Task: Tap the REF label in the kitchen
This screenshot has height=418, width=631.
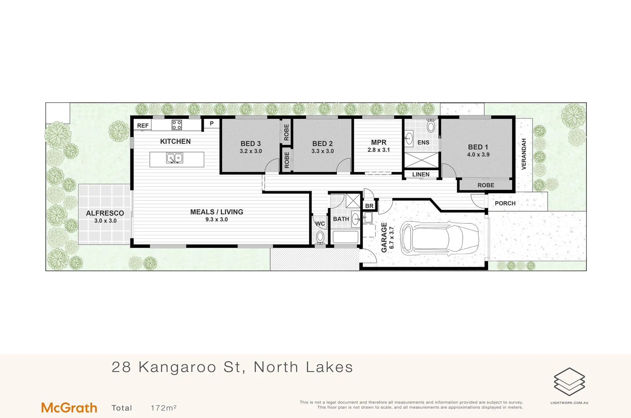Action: (143, 125)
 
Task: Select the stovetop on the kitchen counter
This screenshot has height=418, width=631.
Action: (177, 125)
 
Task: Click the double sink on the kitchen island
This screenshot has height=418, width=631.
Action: (175, 158)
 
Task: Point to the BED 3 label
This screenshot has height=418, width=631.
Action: (251, 144)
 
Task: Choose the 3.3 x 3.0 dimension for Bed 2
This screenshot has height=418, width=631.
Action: (322, 151)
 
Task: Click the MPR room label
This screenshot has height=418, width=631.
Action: (378, 142)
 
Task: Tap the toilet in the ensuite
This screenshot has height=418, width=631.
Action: (431, 126)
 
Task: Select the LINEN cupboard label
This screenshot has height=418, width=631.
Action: (421, 175)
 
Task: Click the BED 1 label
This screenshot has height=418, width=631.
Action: (478, 147)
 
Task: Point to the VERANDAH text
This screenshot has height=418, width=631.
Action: (524, 154)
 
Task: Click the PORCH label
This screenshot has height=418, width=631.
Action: (505, 203)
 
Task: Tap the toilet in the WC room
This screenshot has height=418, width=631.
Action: (320, 237)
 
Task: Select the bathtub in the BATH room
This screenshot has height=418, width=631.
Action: (345, 237)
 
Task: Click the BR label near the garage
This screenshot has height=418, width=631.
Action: (369, 206)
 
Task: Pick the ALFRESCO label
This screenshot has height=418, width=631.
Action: (105, 213)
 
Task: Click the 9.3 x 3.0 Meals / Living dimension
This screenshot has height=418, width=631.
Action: (217, 219)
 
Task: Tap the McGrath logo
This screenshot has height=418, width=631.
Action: (69, 408)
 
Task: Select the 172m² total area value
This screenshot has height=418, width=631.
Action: (163, 408)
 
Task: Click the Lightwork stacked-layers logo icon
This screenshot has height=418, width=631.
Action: (569, 382)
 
